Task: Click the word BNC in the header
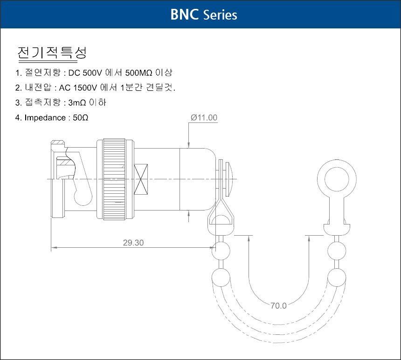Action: pos(184,14)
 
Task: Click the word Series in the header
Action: pos(220,15)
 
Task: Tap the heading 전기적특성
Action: pos(52,53)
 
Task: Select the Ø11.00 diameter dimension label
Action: pos(204,117)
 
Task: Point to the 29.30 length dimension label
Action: pos(133,243)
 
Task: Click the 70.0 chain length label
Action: pos(278,306)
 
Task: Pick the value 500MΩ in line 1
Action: pos(139,73)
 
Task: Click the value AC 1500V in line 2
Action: pos(78,88)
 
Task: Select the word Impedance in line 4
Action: pos(45,118)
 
